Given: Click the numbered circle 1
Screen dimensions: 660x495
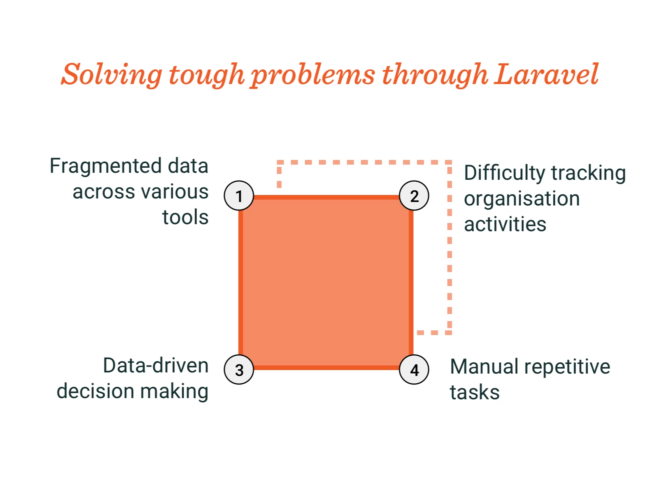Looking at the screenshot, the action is point(239,196).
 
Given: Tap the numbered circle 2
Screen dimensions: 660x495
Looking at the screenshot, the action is point(414,196).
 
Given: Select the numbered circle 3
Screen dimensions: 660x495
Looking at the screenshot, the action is point(239,370).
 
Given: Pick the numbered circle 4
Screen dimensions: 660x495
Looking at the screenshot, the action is point(414,370).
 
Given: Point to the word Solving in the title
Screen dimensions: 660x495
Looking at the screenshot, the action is point(112,75).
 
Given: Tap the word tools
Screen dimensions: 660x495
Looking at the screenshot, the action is point(185,217).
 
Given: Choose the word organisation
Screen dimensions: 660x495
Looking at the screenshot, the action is point(522,199).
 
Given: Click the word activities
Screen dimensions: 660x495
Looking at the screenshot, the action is point(505,225).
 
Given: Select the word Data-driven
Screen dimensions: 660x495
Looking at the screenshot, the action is point(156,366).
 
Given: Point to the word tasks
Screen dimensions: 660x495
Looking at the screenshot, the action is point(475,392).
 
